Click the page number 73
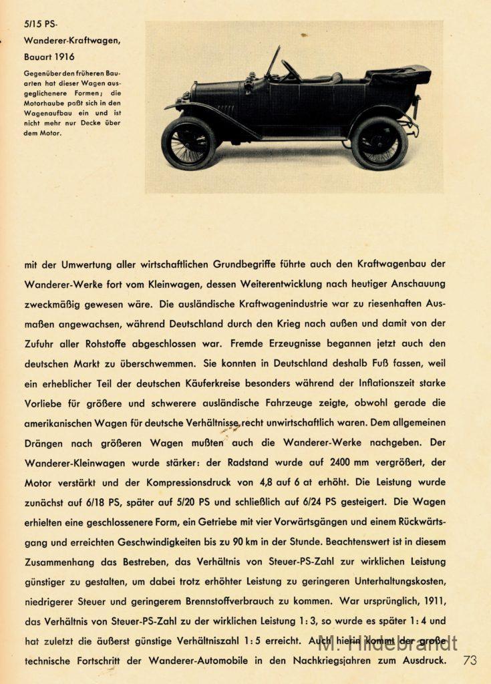pos(469,660)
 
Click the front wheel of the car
pos(188,143)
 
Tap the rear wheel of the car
pos(379,142)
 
